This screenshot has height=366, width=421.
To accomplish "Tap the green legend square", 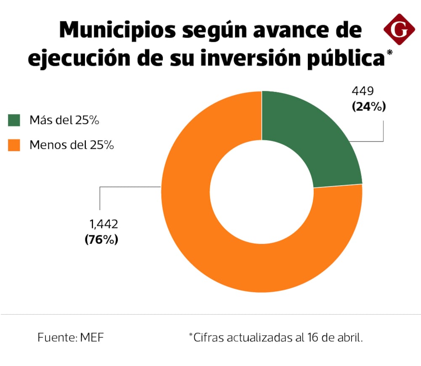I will coord(14,120).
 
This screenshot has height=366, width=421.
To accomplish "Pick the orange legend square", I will coord(14,145).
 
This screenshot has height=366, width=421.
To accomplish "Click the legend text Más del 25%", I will coord(64,120).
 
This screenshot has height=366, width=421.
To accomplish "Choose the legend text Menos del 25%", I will coord(71,145).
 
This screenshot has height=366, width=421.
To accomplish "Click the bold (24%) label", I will coord(368,107).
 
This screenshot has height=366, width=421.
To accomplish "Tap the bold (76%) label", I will coord(101,240).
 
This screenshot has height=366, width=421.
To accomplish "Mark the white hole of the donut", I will coord(262,192).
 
